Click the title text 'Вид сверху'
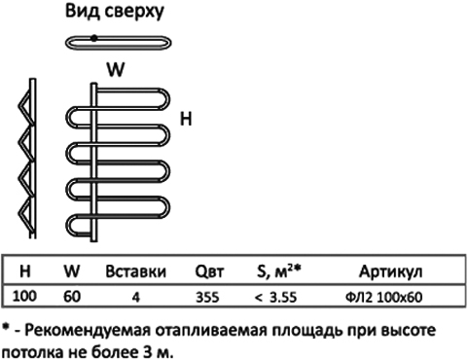[115, 12]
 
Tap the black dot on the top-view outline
[93, 38]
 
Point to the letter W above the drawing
[116, 69]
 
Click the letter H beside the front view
[186, 119]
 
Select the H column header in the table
[25, 270]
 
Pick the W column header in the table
[72, 270]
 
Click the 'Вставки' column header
[135, 271]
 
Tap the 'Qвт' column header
[209, 271]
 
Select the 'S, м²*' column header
[279, 270]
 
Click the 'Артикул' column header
[390, 271]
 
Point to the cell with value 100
[24, 296]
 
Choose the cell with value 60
[72, 297]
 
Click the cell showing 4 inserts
[136, 297]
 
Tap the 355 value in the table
[207, 297]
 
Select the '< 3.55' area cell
[275, 297]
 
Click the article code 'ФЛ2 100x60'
[383, 297]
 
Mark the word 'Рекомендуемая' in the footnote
[88, 331]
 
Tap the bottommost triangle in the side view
[25, 212]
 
